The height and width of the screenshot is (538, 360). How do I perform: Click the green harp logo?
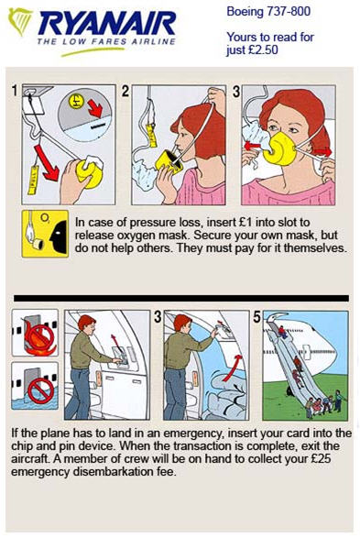pyautogui.click(x=20, y=21)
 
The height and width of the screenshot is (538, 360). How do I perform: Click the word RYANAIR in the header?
pyautogui.click(x=108, y=23)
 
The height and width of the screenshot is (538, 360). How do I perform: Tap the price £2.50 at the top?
pyautogui.click(x=262, y=50)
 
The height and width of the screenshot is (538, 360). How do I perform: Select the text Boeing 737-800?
pyautogui.click(x=268, y=11)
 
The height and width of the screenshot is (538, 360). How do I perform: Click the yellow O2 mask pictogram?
pyautogui.click(x=45, y=234)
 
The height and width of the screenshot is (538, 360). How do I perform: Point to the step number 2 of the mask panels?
pyautogui.click(x=125, y=92)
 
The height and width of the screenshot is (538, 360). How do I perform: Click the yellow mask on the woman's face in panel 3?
pyautogui.click(x=282, y=148)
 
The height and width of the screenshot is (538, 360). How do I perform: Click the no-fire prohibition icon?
pyautogui.click(x=39, y=335)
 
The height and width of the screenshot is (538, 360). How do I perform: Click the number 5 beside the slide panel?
pyautogui.click(x=257, y=317)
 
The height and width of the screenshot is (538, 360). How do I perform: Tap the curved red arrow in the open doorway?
pyautogui.click(x=232, y=368)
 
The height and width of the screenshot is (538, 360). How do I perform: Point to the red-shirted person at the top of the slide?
pyautogui.click(x=282, y=332)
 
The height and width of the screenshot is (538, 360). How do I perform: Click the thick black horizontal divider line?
pyautogui.click(x=181, y=298)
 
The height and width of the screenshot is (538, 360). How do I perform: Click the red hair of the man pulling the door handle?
pyautogui.click(x=86, y=322)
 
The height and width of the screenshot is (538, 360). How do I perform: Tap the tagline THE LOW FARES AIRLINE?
pyautogui.click(x=106, y=42)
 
